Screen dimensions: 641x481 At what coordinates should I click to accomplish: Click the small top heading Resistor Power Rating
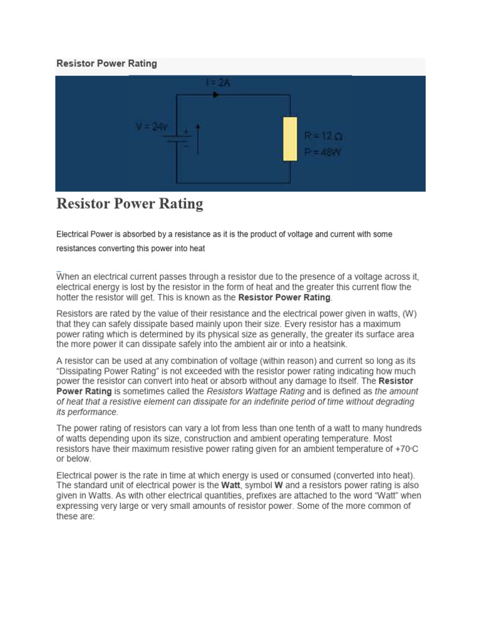[x=106, y=63]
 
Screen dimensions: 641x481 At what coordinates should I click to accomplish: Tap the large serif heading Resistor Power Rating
[x=130, y=203]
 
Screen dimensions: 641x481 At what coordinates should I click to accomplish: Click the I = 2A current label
[x=218, y=82]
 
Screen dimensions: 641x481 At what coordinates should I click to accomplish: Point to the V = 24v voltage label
[x=152, y=126]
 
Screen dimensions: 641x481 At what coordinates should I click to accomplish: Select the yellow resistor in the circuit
[x=290, y=138]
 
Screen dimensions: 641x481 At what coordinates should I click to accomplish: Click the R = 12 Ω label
[x=323, y=135]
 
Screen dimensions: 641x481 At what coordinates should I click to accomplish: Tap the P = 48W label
[x=323, y=151]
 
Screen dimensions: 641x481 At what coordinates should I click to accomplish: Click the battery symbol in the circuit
[x=181, y=137]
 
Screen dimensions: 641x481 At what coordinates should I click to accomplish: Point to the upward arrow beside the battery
[x=198, y=138]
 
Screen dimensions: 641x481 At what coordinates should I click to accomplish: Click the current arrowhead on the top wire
[x=216, y=95]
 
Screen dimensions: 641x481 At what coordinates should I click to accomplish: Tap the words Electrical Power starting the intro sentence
[x=86, y=234]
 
